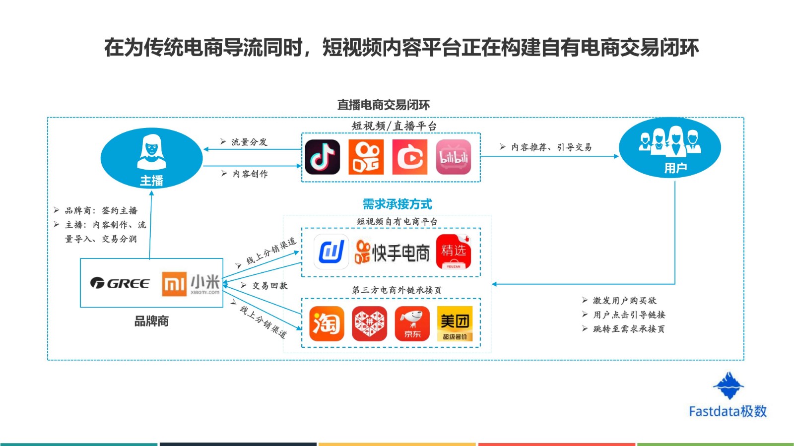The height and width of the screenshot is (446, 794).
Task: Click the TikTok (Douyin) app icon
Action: click(x=322, y=157)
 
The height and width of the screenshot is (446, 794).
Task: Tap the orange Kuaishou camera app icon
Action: click(x=366, y=157)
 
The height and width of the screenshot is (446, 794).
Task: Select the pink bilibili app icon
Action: click(x=454, y=157)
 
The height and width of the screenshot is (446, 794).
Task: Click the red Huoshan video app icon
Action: click(x=410, y=157)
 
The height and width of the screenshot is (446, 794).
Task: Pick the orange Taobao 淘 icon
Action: click(x=327, y=323)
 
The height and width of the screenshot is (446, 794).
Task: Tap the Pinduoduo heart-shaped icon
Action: click(x=369, y=323)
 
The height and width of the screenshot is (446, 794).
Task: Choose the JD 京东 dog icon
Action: click(x=412, y=323)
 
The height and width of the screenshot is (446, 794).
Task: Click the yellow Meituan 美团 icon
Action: click(x=455, y=323)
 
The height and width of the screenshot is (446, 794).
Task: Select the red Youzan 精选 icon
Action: click(x=454, y=252)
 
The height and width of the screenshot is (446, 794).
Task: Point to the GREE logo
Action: click(x=120, y=283)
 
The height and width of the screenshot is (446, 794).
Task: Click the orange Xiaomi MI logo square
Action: click(x=174, y=283)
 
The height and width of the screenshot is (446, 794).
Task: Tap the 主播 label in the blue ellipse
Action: click(x=151, y=181)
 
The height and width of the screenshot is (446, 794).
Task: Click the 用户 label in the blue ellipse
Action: click(x=675, y=168)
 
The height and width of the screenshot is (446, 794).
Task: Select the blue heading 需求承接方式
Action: click(x=397, y=204)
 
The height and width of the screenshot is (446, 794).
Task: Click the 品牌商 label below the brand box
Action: click(x=151, y=321)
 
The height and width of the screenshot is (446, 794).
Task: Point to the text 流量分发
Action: click(x=249, y=142)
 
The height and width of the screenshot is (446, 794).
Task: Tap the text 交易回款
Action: click(x=270, y=286)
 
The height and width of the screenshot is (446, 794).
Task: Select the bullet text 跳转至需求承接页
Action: click(x=629, y=329)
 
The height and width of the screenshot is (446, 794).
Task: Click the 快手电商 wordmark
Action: click(x=392, y=253)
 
